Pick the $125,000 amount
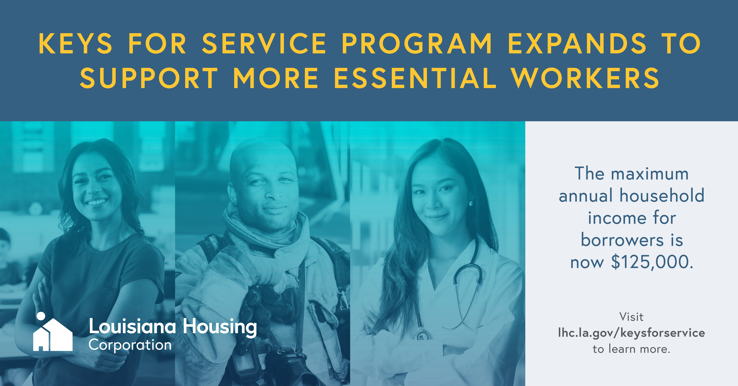pos(652,262)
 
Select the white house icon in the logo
pos(53,335)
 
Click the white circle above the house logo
pos(41,316)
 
